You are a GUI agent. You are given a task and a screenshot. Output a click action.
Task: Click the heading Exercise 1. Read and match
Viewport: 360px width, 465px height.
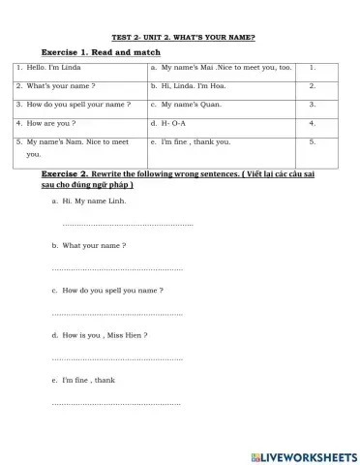pos(101,51)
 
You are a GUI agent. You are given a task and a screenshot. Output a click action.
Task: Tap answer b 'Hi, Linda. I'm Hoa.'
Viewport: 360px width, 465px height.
pos(194,86)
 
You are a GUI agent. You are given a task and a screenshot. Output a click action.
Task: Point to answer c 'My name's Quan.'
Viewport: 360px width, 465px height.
pos(188,105)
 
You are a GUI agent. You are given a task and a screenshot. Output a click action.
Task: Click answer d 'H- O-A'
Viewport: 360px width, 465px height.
pos(175,124)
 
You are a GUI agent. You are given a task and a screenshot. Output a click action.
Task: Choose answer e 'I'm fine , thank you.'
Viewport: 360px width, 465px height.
pos(195,142)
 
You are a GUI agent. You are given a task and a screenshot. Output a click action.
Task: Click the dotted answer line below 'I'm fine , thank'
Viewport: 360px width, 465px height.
pos(116,402)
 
